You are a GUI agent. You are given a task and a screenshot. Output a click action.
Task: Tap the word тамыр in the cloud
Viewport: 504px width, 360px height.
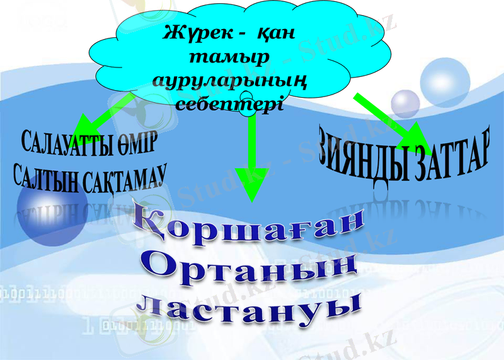[x=229, y=57]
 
